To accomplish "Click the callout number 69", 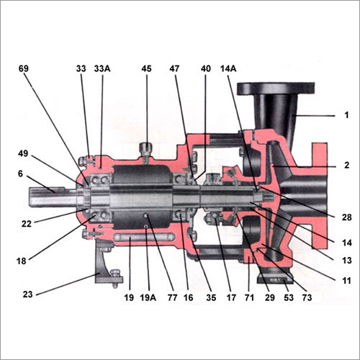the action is point(24,68).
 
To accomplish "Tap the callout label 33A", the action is point(102,68).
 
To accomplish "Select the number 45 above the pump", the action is point(146,68).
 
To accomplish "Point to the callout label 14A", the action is point(228,68).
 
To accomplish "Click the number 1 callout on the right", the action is point(346,115).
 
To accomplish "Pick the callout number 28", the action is point(346,217).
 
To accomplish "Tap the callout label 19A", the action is point(148,297).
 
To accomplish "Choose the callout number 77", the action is point(173,297).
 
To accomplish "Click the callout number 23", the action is point(27,294).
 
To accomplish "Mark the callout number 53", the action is point(289,297).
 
